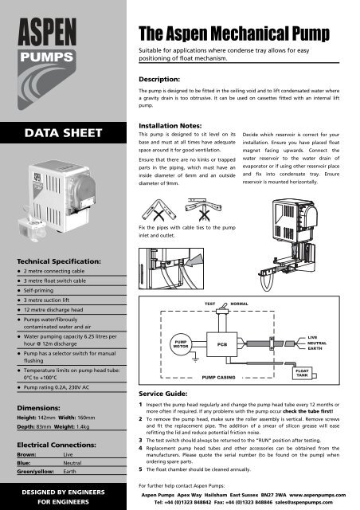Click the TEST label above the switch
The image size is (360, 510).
click(x=210, y=304)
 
